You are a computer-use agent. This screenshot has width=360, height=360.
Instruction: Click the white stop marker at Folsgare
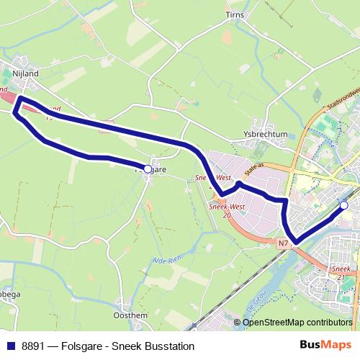[x=148, y=169]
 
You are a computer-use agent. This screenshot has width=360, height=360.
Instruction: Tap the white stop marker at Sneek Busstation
[x=344, y=206]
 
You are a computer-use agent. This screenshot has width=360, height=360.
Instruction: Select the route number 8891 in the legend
[x=33, y=346]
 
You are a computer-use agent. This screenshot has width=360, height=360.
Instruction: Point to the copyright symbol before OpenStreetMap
[x=238, y=323]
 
